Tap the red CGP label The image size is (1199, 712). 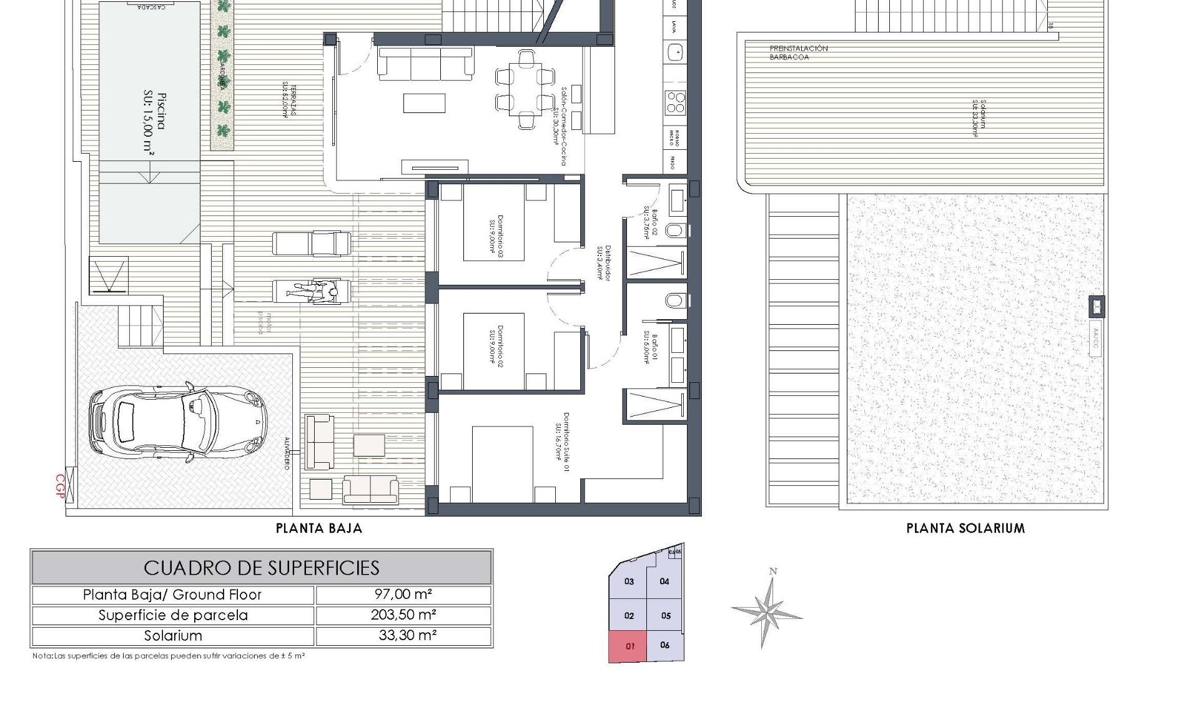(x=61, y=487)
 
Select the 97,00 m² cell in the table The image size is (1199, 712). (x=403, y=595)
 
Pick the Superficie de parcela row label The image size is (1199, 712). (x=173, y=615)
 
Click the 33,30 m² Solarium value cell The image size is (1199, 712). (x=403, y=636)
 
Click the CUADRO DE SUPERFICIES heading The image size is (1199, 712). (x=261, y=568)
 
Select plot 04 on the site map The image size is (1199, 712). (x=664, y=581)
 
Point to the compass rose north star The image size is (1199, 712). (x=767, y=609)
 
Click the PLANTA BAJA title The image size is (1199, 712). (x=319, y=528)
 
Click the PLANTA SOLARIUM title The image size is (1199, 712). (x=965, y=528)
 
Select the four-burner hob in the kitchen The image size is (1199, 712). (x=676, y=102)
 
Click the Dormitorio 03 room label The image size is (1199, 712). (x=496, y=229)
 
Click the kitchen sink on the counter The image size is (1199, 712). (x=675, y=51)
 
